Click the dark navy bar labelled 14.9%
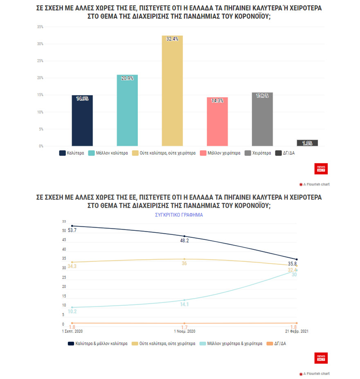(x=82, y=120)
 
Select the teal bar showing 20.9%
(x=127, y=110)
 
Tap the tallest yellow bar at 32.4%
(x=172, y=90)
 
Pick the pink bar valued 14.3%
(x=217, y=122)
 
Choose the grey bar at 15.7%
(x=262, y=119)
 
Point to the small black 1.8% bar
(x=307, y=143)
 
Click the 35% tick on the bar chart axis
(x=40, y=27)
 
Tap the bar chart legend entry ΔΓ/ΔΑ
(x=290, y=153)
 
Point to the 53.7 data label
(x=72, y=230)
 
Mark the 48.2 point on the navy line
(x=184, y=237)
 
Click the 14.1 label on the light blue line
(x=184, y=304)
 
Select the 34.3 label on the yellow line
(x=72, y=266)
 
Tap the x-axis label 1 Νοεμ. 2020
(x=184, y=331)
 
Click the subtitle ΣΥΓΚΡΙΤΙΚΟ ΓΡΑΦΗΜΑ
(x=178, y=214)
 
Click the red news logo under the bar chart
(x=321, y=169)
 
